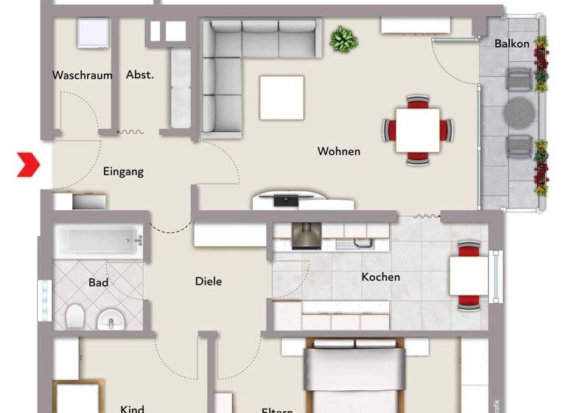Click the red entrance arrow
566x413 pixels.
pos(28,164)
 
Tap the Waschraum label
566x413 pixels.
pos(82,75)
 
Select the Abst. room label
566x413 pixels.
pos(140,74)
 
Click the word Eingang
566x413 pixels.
pos(123,172)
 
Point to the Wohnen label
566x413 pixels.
pos(339,151)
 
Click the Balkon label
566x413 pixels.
pos(511,44)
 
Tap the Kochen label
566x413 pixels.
pos(380,277)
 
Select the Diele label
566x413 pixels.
pos(209,281)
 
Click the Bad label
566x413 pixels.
pos(99,282)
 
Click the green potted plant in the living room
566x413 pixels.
pos(342,38)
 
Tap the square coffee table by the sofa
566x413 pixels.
pos(282,97)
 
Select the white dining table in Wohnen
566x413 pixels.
pos(417,130)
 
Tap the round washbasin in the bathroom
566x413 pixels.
pos(111,319)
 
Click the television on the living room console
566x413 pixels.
pos(284,199)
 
